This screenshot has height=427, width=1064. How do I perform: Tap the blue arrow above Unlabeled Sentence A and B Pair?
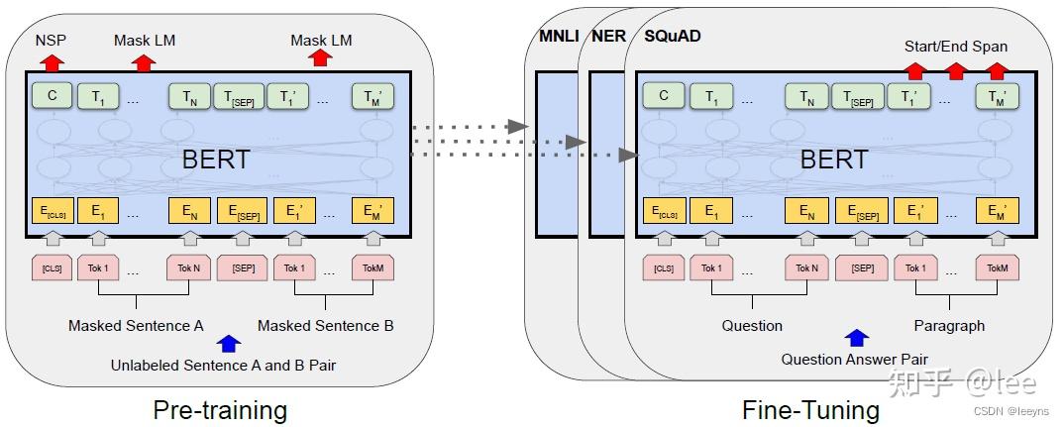click(x=229, y=344)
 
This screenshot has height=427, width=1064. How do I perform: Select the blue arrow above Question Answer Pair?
click(x=855, y=338)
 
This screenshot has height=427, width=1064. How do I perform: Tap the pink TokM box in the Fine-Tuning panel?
click(x=997, y=268)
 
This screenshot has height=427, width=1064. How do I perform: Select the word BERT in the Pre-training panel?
click(x=216, y=159)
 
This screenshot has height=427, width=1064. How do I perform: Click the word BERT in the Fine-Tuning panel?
click(x=833, y=159)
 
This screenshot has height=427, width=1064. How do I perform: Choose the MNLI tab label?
click(x=559, y=36)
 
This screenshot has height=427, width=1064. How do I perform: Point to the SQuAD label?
click(x=673, y=36)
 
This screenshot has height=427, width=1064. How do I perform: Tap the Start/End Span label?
click(x=955, y=47)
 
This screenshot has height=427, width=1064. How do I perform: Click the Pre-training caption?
click(x=220, y=409)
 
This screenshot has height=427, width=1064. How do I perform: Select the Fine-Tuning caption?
click(x=810, y=409)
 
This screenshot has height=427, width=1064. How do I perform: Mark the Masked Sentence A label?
click(x=136, y=325)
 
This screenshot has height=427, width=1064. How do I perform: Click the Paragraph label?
click(x=949, y=325)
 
